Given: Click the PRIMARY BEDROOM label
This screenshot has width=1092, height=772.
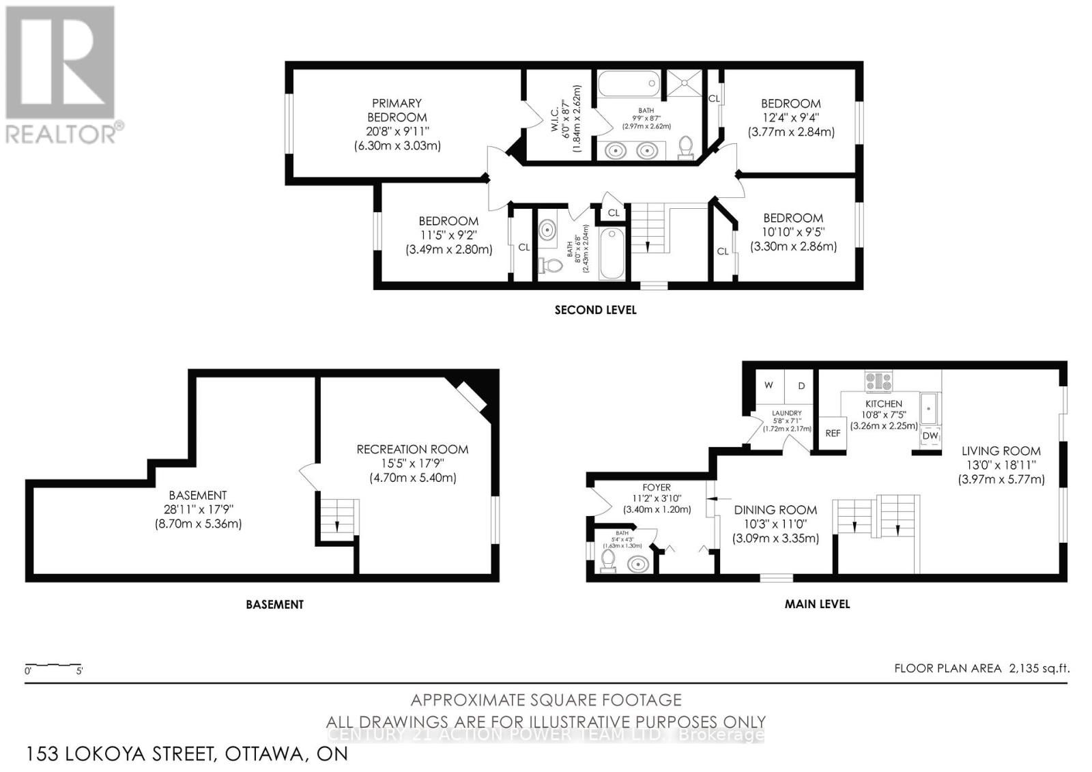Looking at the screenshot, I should pos(397,110).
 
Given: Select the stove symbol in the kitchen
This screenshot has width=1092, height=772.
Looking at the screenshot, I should pos(878,381).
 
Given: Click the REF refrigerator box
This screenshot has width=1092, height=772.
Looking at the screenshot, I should pos(833,433).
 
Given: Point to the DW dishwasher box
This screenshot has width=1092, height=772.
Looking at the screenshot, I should pos(930,435).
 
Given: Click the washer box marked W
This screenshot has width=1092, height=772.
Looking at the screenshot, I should pos(768,386).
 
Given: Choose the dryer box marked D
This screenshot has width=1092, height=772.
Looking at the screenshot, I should pos(801,386).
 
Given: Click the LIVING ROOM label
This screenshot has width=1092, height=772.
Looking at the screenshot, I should pos(1001,451).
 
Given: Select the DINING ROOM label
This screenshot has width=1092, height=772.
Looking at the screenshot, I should pos(775,510).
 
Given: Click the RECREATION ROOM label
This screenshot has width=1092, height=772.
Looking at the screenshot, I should pos(412,449).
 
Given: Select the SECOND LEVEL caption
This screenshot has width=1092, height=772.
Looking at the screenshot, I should pos(595,310).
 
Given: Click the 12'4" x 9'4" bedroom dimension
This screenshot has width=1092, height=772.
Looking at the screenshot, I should pos(791,117).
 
